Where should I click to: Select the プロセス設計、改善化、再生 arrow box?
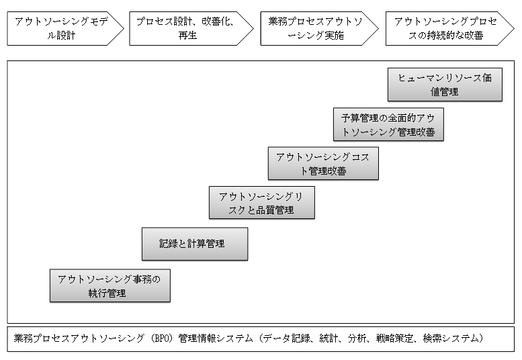pos(188,28)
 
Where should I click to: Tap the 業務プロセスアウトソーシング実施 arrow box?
pos(316,28)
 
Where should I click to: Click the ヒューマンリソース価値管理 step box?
pos(445,85)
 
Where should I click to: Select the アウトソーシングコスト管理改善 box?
pos(322,163)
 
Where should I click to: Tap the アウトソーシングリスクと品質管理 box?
pos(261,203)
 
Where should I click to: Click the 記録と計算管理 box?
pos(194,244)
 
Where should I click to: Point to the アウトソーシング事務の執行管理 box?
pos(110,285)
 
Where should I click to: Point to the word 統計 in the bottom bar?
pos(327,339)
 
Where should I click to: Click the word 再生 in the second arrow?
pos(188,36)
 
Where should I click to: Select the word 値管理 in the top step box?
pos(445,92)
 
